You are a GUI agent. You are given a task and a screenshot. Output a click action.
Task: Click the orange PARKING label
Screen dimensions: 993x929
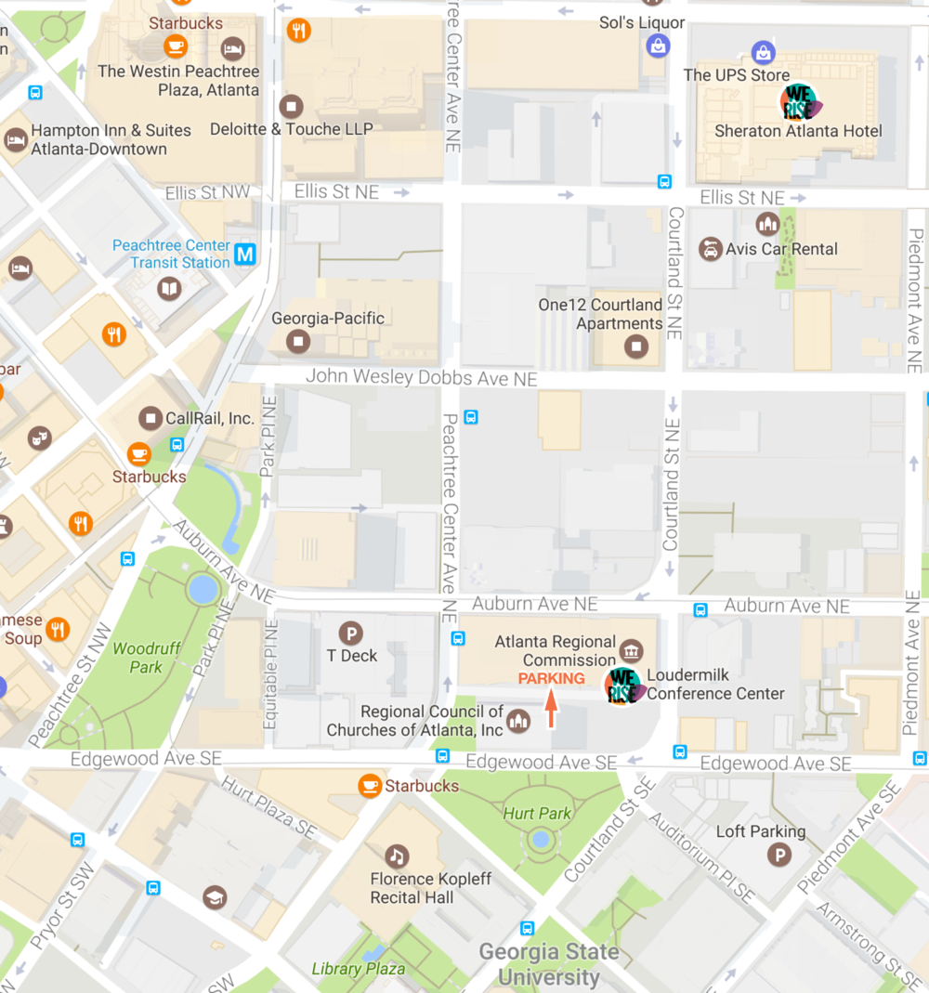tap(551, 678)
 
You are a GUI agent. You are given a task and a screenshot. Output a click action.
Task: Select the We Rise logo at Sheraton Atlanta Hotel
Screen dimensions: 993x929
tap(798, 102)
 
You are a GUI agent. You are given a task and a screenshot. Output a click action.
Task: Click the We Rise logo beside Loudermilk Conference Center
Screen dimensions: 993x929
tap(624, 686)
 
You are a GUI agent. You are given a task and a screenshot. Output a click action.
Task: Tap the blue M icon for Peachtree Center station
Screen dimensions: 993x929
tap(245, 254)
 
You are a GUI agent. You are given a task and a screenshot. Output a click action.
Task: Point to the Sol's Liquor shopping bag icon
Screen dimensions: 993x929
tap(658, 44)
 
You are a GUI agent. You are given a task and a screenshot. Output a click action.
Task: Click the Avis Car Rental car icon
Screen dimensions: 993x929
tap(711, 249)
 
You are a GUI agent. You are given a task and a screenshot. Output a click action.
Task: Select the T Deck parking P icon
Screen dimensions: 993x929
tap(350, 634)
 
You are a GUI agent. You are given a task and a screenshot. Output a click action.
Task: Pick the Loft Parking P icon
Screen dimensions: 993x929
tap(779, 855)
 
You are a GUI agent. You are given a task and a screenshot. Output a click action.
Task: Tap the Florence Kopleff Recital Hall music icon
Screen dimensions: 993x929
tap(398, 856)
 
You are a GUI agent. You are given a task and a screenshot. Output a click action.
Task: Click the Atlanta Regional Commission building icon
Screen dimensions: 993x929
tap(632, 650)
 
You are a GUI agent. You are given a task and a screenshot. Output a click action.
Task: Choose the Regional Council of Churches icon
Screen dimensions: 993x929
tap(518, 721)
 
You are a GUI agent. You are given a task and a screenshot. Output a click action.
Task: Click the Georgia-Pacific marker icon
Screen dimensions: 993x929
tap(298, 341)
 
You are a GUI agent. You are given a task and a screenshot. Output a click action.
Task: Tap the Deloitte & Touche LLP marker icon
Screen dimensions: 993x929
tap(292, 106)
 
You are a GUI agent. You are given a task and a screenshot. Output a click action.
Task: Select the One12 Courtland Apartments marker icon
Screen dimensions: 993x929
tap(636, 347)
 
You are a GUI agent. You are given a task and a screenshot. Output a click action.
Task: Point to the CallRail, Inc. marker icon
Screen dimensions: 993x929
tap(150, 418)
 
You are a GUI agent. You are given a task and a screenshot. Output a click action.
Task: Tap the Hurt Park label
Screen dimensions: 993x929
tap(537, 814)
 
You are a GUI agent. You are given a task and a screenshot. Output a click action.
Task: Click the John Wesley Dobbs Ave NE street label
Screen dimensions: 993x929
tap(421, 378)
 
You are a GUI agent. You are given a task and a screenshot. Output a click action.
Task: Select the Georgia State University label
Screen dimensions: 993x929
tap(549, 964)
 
